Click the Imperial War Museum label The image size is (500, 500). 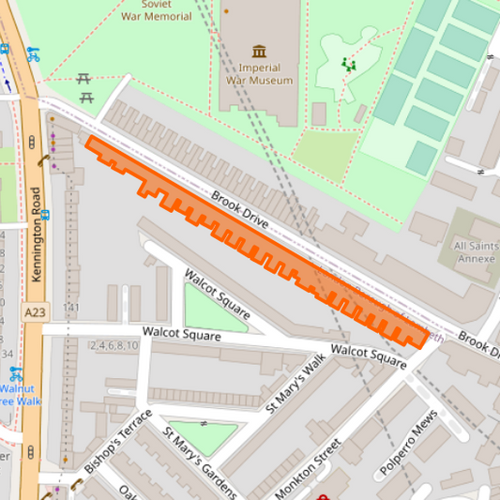click(259, 74)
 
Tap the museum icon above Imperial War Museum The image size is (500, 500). click(259, 51)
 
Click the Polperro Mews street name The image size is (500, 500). click(408, 443)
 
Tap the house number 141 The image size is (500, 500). click(70, 309)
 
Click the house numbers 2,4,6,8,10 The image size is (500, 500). click(114, 346)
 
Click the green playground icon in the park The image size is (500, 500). click(349, 65)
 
